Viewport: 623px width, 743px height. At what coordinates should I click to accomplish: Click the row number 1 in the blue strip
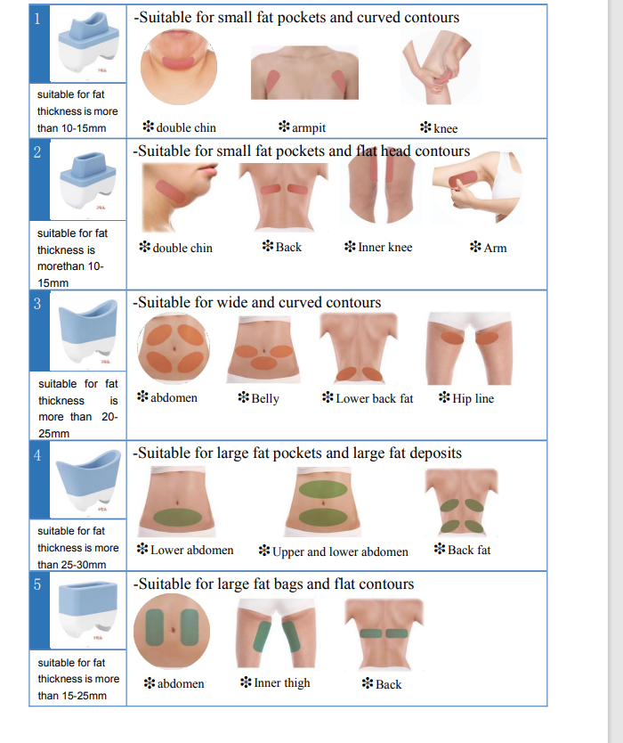pyautogui.click(x=37, y=19)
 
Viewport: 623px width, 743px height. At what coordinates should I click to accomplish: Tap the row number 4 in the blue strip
pyautogui.click(x=37, y=455)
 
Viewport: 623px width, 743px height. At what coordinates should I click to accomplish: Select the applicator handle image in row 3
pyautogui.click(x=88, y=331)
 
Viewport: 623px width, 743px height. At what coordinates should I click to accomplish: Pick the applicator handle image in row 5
pyautogui.click(x=88, y=611)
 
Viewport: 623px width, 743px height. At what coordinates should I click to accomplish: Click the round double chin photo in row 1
pyautogui.click(x=179, y=67)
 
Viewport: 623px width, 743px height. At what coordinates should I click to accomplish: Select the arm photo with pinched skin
pyautogui.click(x=478, y=187)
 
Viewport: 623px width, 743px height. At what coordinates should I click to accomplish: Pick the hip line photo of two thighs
pyautogui.click(x=469, y=348)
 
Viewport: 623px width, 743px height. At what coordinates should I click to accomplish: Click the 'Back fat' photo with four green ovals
pyautogui.click(x=462, y=502)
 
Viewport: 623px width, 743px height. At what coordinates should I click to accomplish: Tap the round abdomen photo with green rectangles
pyautogui.click(x=172, y=631)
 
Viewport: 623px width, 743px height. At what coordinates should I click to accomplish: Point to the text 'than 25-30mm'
pyautogui.click(x=72, y=564)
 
